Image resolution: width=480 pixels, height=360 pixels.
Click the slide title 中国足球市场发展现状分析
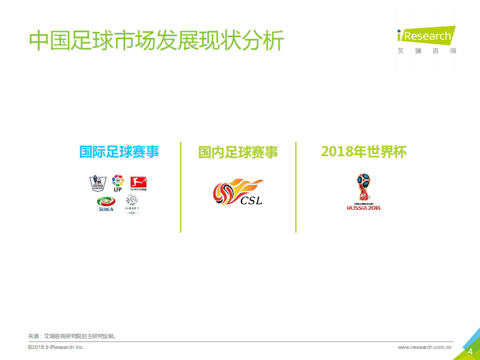click(x=156, y=41)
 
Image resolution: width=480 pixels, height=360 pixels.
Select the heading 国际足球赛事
click(x=119, y=151)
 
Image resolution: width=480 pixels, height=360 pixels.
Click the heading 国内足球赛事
click(x=238, y=152)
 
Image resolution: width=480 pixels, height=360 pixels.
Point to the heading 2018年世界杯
click(x=363, y=152)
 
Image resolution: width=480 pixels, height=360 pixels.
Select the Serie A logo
click(x=106, y=203)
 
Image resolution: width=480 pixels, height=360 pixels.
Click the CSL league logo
click(x=239, y=192)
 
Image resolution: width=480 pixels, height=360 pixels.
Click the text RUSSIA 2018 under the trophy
click(x=363, y=207)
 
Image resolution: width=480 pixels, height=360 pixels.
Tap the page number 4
click(x=469, y=351)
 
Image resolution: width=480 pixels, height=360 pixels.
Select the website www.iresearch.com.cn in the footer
click(x=425, y=347)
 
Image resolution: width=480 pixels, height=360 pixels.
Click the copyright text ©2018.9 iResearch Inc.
click(x=56, y=347)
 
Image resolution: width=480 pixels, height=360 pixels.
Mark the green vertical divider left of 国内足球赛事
click(x=181, y=187)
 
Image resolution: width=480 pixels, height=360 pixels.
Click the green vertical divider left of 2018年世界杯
click(x=296, y=187)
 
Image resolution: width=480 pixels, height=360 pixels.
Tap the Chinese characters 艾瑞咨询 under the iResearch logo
click(x=426, y=51)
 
